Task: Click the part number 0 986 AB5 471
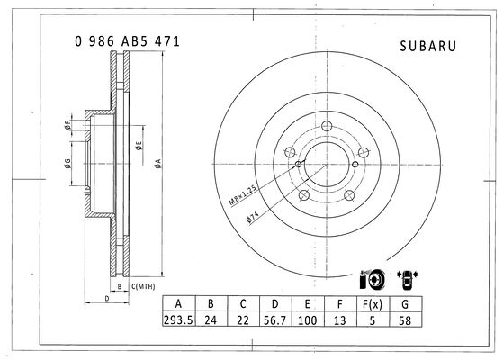[x=127, y=41]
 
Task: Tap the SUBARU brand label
[x=427, y=46]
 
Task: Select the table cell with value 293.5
[x=179, y=320]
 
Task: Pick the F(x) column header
[x=373, y=304]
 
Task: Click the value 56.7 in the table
[x=275, y=320]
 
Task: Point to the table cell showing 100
[x=308, y=320]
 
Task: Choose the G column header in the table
[x=405, y=304]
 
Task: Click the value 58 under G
[x=405, y=320]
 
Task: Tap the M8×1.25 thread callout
[x=243, y=194]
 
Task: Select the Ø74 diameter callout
[x=253, y=217]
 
